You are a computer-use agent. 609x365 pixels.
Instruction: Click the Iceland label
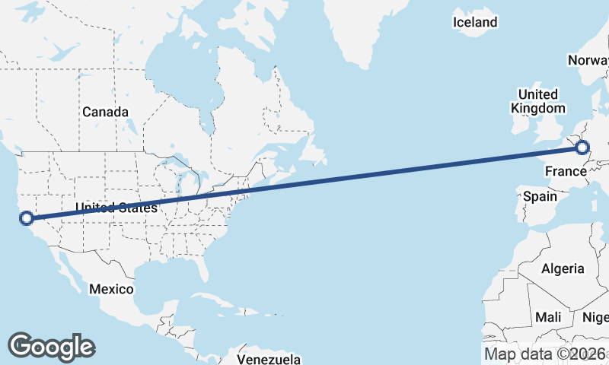pos(474,22)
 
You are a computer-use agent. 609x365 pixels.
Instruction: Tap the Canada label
pos(105,112)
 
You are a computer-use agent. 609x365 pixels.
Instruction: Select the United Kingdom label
pos(538,101)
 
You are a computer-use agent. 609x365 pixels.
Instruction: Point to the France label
pos(564,172)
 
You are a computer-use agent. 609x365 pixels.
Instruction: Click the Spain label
pos(540,196)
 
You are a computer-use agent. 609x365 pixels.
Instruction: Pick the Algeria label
pos(563,268)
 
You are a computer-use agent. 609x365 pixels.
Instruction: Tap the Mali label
pos(548,316)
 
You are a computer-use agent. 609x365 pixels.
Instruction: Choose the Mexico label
pos(111,289)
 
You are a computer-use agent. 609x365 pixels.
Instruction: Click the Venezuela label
pos(269,359)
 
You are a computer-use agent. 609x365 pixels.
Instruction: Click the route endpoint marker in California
pos(27,218)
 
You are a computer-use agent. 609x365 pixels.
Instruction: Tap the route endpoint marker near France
pos(582,148)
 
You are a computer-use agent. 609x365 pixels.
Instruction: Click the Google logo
pos(51,346)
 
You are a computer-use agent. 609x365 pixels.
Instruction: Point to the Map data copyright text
pos(545,354)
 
